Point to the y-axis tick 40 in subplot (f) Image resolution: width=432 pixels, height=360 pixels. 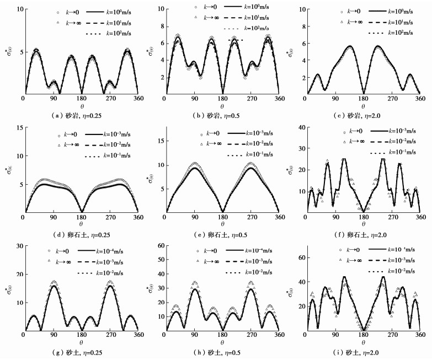click(301, 128)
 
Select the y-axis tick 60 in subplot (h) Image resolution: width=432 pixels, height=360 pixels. click(160, 246)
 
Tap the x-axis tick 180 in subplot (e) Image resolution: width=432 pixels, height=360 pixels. click(222, 217)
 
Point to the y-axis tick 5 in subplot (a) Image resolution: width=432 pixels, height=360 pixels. click(19, 52)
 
